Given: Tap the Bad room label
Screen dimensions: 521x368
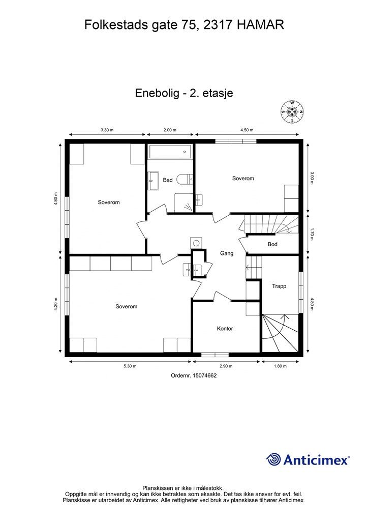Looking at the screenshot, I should pos(168,180).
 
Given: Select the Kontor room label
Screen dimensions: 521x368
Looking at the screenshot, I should pos(225,329).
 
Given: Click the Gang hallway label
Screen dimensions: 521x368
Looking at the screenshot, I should pos(226,253).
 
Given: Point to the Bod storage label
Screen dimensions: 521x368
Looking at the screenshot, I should pos(272,244).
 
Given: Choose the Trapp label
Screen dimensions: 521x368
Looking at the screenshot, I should pos(279,286).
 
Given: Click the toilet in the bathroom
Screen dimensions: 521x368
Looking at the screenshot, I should pos(188,179).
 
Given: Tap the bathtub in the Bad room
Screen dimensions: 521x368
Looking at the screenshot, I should pos(169,152).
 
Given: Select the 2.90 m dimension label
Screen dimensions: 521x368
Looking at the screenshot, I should pos(226,366).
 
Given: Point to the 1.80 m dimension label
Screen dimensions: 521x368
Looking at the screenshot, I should pos(280,366).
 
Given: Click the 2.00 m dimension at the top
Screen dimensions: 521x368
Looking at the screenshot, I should pos(170,130).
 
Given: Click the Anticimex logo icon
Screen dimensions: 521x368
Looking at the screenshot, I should pos(274,459).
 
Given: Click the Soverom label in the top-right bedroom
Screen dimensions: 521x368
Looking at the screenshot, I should pos(243,179).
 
